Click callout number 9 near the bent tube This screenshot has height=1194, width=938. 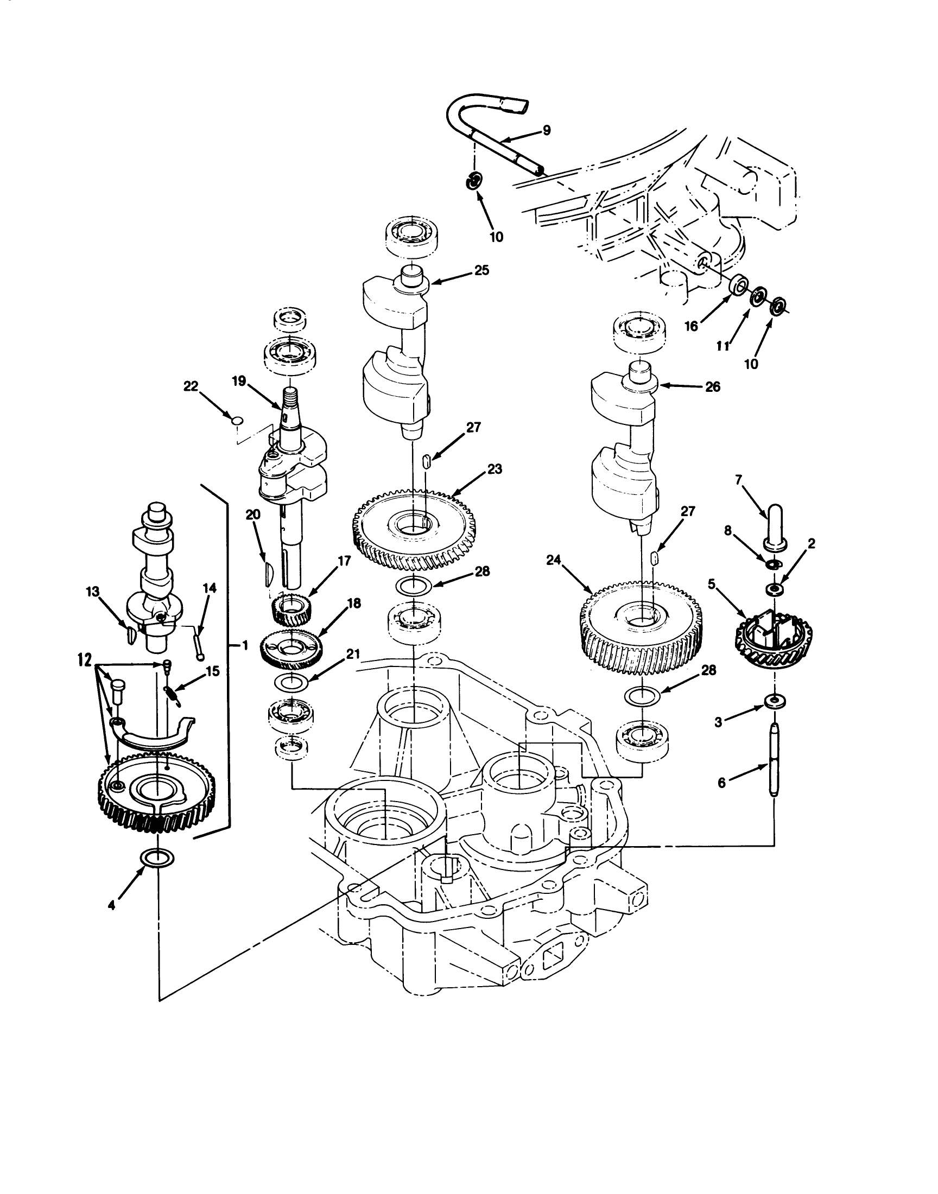(x=546, y=130)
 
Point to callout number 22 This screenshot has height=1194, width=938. (x=191, y=386)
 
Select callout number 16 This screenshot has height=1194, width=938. (x=691, y=326)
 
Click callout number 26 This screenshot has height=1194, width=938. (x=712, y=387)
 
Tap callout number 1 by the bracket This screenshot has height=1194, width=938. (x=245, y=646)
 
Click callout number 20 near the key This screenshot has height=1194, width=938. (x=253, y=515)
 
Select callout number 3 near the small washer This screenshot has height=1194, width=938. (x=718, y=723)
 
